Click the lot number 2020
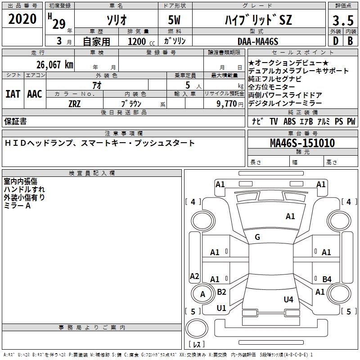(x=22, y=20)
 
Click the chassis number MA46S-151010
(x=302, y=143)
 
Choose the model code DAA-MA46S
(x=258, y=41)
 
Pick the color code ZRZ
(x=75, y=103)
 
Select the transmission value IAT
(x=13, y=94)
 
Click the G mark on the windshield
(x=257, y=237)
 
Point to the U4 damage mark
(x=288, y=299)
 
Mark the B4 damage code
(x=327, y=279)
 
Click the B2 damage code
(x=221, y=292)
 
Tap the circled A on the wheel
(x=202, y=294)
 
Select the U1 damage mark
(x=221, y=308)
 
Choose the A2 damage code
(x=194, y=276)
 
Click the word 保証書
(x=15, y=121)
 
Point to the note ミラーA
(x=17, y=205)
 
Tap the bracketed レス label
(x=197, y=345)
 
